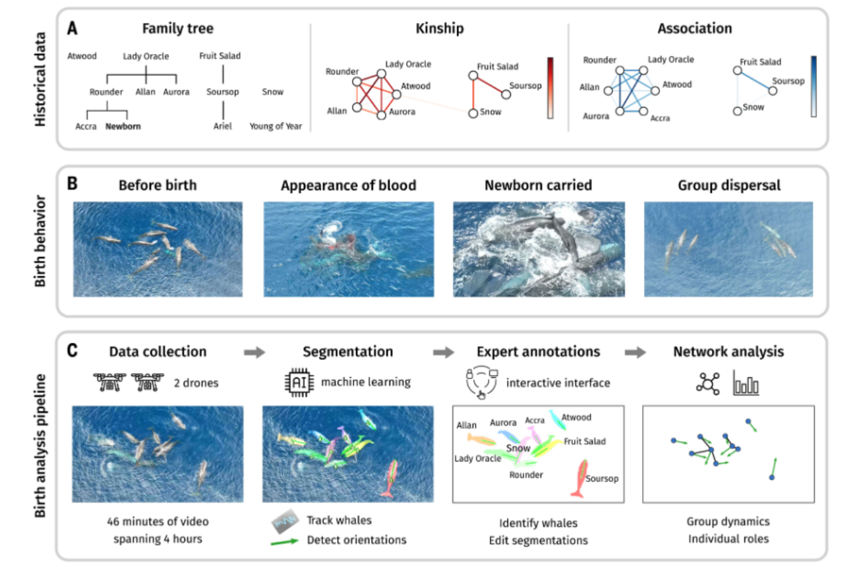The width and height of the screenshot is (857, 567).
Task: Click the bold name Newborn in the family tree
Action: click(x=123, y=126)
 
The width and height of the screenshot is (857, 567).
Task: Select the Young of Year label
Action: click(x=276, y=126)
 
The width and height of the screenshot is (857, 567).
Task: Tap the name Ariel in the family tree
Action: click(x=223, y=126)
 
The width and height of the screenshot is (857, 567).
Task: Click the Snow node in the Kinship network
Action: click(x=473, y=114)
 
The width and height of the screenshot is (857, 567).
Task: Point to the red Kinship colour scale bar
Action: click(x=550, y=88)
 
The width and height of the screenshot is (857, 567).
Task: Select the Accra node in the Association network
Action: click(x=643, y=112)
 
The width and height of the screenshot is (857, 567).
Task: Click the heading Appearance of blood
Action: click(x=348, y=185)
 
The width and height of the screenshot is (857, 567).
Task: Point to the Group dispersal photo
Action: click(x=728, y=249)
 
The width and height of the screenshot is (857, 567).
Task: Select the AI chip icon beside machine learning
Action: click(x=297, y=382)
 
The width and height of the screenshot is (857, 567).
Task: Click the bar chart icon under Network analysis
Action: click(x=746, y=383)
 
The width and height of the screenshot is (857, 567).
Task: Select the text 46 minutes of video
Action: click(x=158, y=522)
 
